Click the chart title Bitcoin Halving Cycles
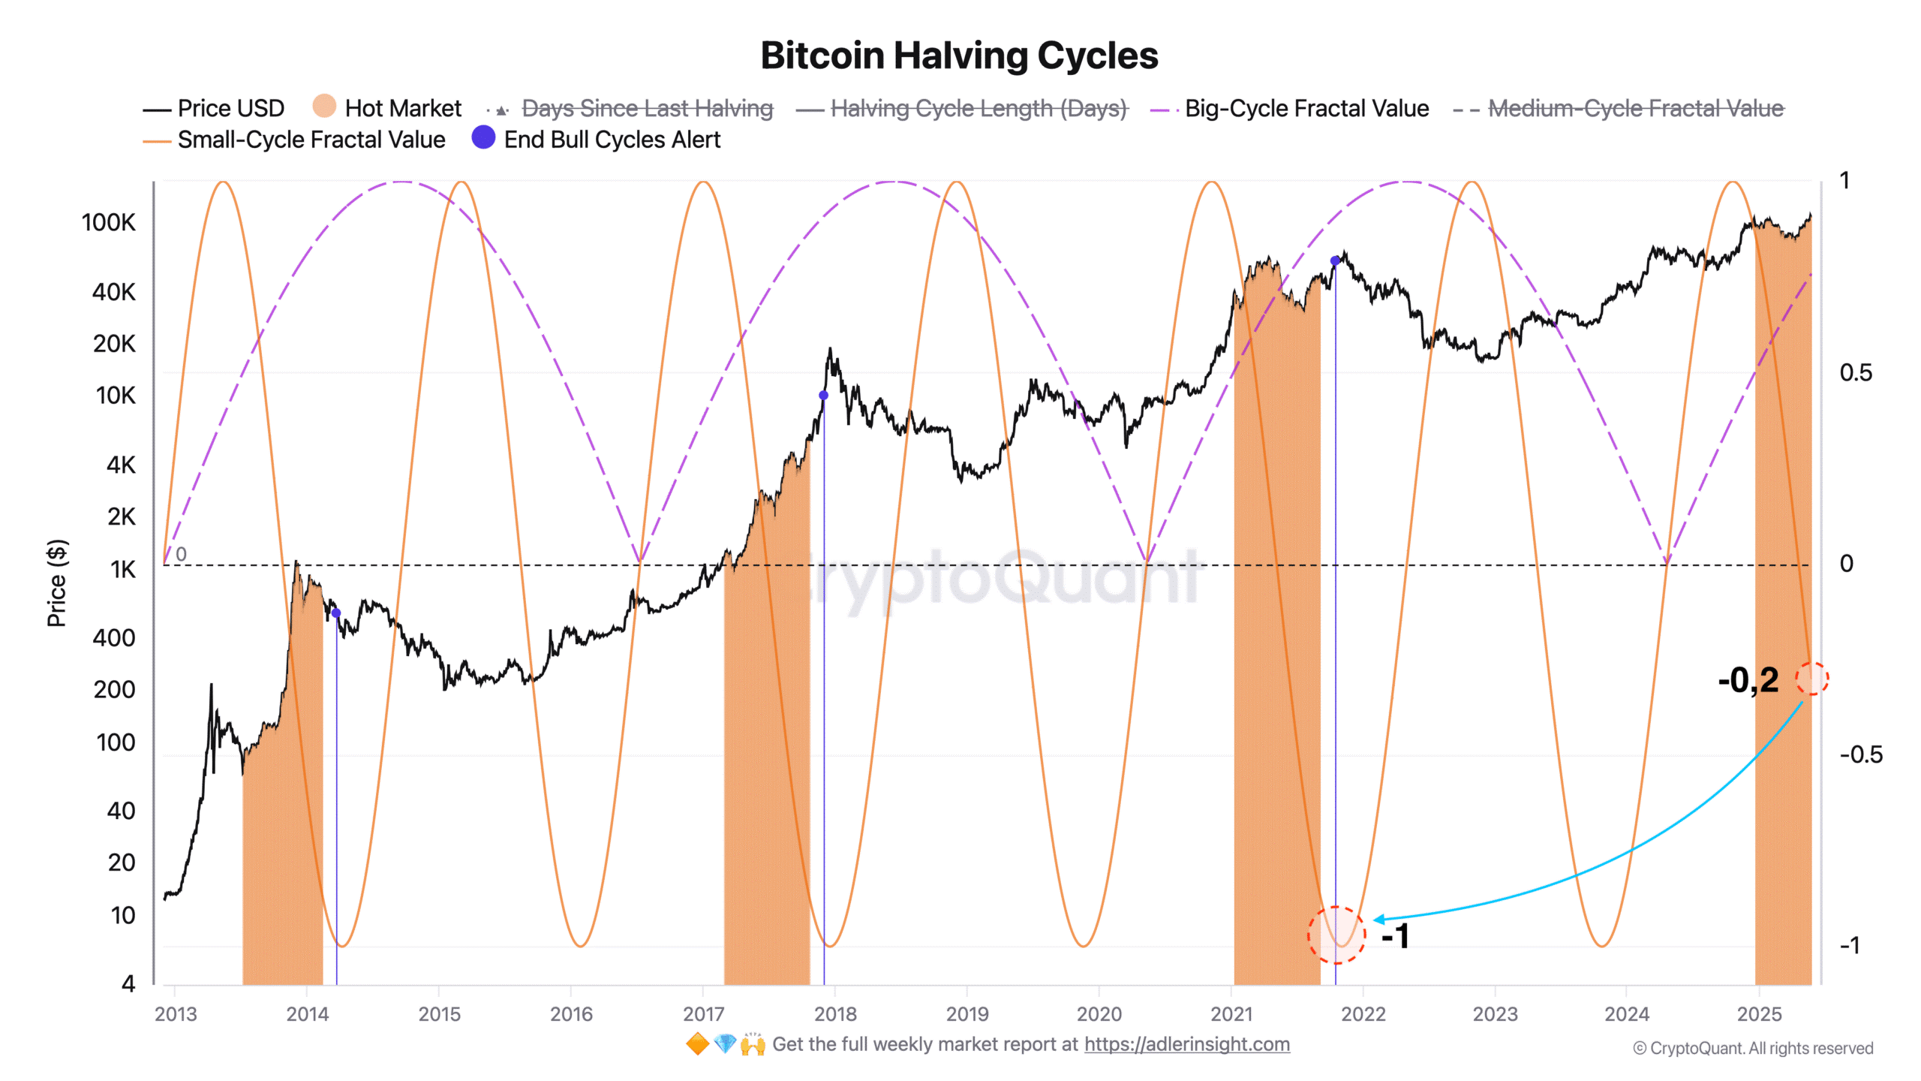tap(959, 56)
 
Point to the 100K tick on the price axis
tap(109, 222)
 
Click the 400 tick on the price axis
tap(114, 638)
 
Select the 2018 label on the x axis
tap(835, 1014)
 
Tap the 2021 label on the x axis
tap(1231, 1014)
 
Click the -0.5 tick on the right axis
tap(1860, 754)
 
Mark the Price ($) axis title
tap(57, 583)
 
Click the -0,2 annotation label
tap(1748, 680)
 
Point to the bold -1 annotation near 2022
tap(1395, 936)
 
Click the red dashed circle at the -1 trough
tap(1336, 935)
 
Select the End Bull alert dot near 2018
tap(823, 395)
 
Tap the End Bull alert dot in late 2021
tap(1335, 260)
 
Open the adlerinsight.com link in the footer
tap(1186, 1044)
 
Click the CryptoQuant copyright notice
tap(1753, 1048)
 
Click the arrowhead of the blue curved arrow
tap(1378, 919)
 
